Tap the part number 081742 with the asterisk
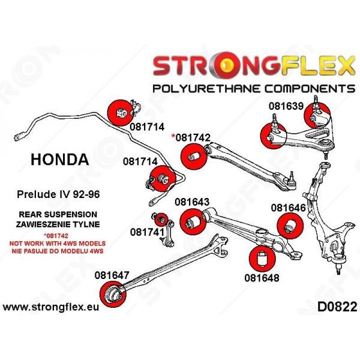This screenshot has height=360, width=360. [191, 137]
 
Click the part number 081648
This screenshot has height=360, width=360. [262, 278]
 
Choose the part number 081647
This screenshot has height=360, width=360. [112, 275]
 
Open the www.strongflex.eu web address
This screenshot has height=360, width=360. [52, 307]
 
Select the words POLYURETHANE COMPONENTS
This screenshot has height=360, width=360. [254, 89]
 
